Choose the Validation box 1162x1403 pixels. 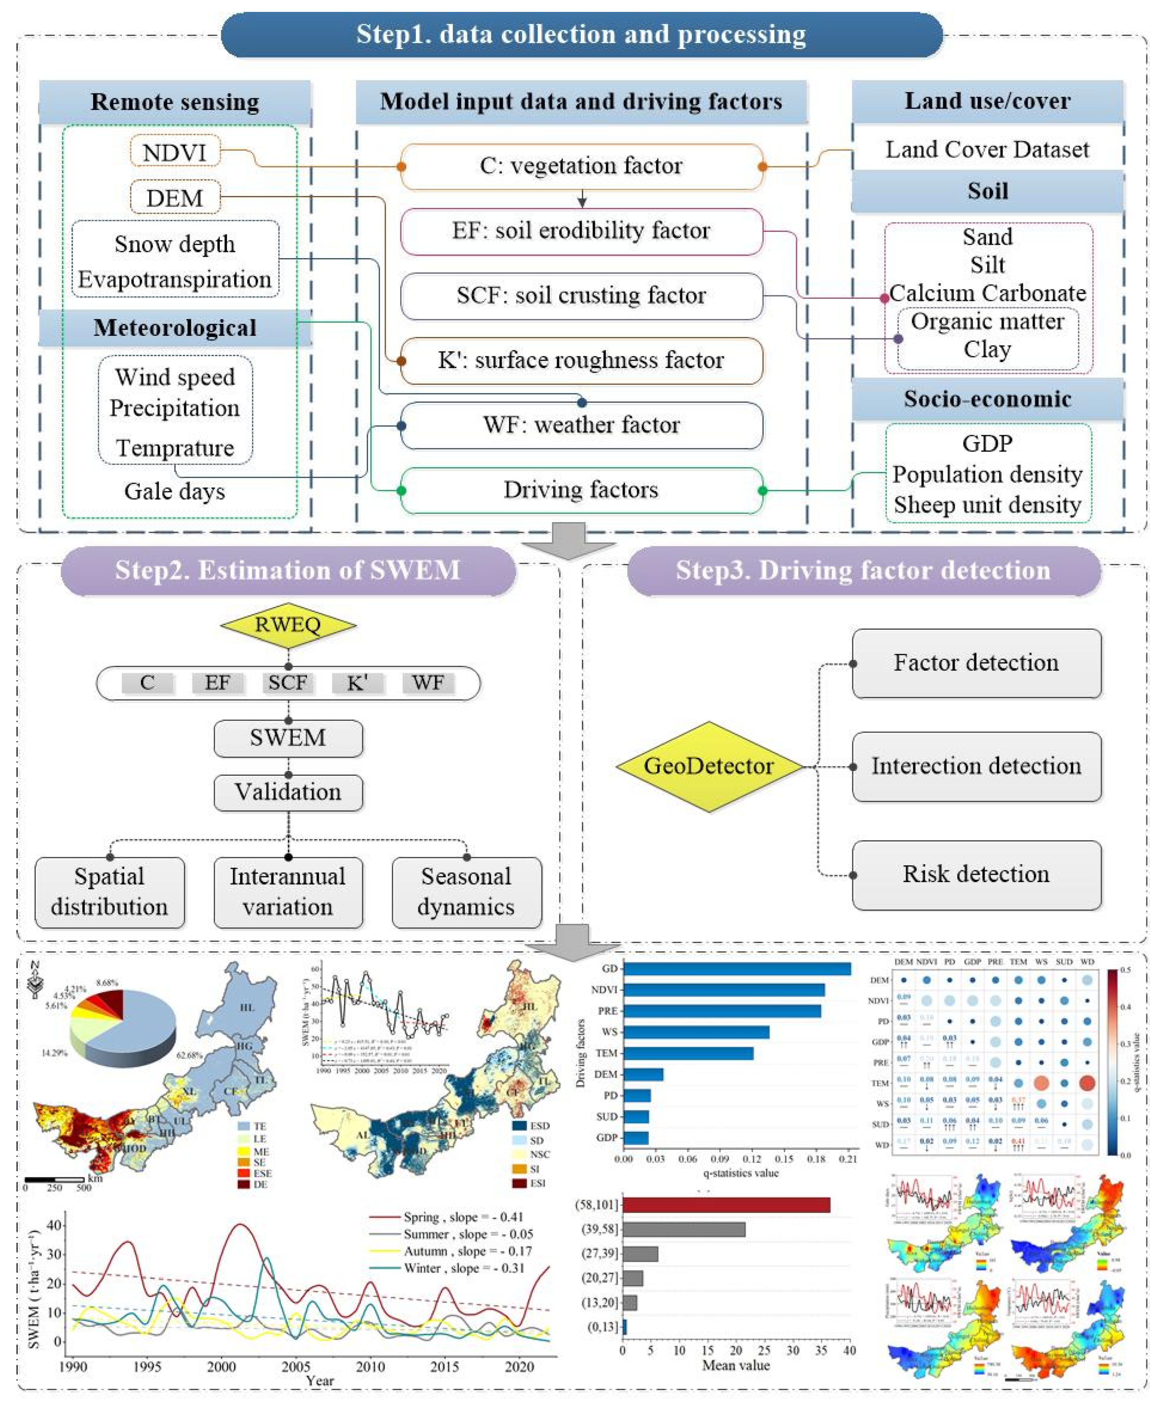pos(288,792)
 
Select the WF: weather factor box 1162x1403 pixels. pos(581,425)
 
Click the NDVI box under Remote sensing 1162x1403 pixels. pos(175,152)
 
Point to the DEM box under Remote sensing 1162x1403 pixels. pos(175,198)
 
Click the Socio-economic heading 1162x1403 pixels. pos(987,399)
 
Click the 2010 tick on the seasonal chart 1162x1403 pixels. pos(370,1366)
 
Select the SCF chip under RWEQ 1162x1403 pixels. pos(288,683)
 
